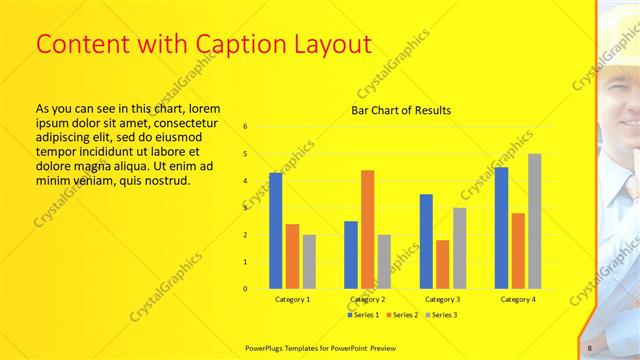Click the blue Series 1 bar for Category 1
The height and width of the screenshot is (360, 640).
[x=275, y=231]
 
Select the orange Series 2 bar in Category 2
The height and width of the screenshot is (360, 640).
[x=367, y=229]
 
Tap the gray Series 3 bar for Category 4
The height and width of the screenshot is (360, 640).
[x=534, y=221]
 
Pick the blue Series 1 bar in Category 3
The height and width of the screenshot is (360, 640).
[x=426, y=241]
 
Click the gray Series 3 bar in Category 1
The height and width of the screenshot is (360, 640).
[x=309, y=262]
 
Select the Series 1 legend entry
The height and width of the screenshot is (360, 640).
[x=363, y=315]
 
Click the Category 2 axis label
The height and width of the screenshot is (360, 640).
[x=367, y=299]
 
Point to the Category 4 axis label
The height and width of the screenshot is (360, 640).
[x=517, y=299]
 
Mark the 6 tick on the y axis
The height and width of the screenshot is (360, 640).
[x=246, y=127]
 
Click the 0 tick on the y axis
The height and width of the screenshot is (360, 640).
[x=246, y=289]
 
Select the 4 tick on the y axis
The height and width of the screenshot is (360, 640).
[x=246, y=181]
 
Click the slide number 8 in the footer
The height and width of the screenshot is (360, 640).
[x=589, y=347]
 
